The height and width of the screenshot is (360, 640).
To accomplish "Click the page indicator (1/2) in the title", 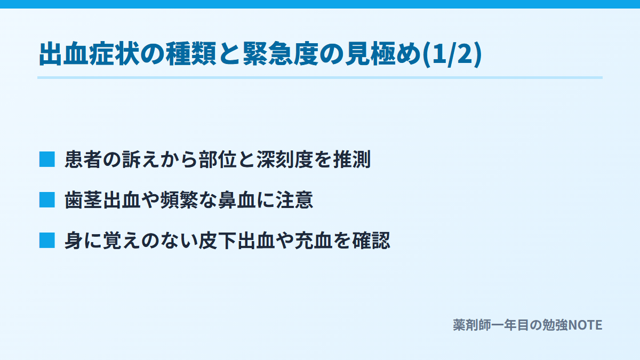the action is coord(452,54).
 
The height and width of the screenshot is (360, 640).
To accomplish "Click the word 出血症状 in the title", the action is coord(90,54).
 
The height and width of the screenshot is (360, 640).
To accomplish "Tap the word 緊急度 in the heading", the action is coord(281,54).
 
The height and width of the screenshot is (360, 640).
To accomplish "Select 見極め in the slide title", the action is coord(383,54).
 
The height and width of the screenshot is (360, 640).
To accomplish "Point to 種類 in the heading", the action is coord(191,54).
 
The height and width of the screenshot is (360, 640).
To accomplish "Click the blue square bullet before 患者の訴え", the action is coord(47,159).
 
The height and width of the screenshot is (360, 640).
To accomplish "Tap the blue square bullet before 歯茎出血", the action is coord(47,199).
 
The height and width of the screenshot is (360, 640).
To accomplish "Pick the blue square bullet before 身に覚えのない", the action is coord(47,241).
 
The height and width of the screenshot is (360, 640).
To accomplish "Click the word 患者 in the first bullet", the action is coord(83,159).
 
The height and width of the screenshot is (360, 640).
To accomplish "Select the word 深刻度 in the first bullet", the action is coord(285,159).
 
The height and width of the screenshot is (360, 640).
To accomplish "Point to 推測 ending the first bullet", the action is coord(351,159).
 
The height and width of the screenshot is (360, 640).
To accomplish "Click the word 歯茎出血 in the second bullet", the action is coord(102,199).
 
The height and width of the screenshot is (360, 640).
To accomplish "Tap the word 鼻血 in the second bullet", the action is coord(237,199).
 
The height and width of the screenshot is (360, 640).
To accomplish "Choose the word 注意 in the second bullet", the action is coord(294,199).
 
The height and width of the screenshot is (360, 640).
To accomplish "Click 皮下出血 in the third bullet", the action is coord(237,241).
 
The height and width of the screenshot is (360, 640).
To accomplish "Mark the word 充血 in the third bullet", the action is coord(314,241).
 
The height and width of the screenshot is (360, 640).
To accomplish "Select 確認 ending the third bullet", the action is coord(371,241).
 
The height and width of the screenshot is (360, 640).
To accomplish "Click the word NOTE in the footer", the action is coord(585,325).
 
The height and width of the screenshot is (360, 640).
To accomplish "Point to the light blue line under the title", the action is coord(320,77).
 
